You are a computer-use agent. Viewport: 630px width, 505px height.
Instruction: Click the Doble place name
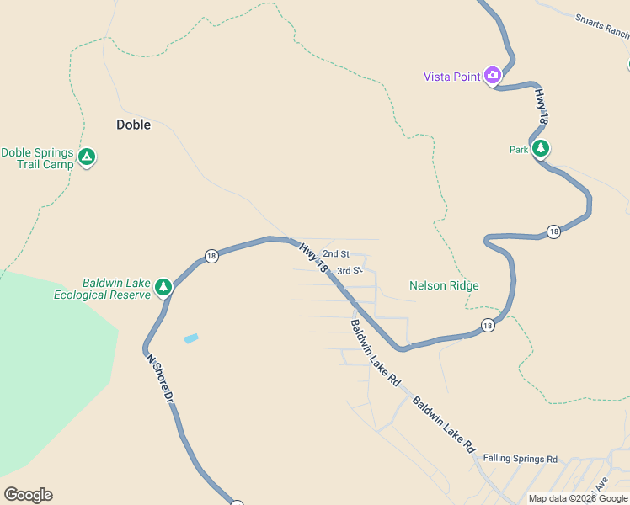133,125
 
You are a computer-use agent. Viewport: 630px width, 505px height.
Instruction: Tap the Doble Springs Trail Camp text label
37,158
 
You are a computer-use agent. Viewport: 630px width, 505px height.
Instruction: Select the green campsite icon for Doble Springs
86,157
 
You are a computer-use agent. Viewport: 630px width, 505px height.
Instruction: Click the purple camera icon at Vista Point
493,76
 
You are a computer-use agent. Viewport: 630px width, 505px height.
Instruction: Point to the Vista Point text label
451,77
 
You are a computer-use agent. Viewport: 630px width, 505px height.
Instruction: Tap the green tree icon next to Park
541,149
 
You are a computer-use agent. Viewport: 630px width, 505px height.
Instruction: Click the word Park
519,150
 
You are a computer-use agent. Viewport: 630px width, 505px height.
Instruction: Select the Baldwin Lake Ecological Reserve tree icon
163,287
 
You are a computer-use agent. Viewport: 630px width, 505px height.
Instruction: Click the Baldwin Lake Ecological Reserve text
104,289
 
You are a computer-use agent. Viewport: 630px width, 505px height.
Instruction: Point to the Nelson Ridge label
444,285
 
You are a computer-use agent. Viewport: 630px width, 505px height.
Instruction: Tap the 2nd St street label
335,253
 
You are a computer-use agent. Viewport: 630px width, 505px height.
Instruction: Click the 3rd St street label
349,271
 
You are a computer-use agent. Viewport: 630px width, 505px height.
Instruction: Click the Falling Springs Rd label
521,459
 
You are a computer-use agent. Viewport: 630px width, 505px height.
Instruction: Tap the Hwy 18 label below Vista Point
542,109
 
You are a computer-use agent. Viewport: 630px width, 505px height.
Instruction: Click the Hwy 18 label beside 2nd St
313,257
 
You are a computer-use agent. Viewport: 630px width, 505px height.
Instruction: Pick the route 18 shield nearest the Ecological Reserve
211,256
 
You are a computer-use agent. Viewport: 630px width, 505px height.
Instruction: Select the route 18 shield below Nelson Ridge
488,325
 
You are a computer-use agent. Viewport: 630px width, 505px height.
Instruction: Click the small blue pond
192,338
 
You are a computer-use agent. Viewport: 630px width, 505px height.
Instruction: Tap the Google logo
28,495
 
